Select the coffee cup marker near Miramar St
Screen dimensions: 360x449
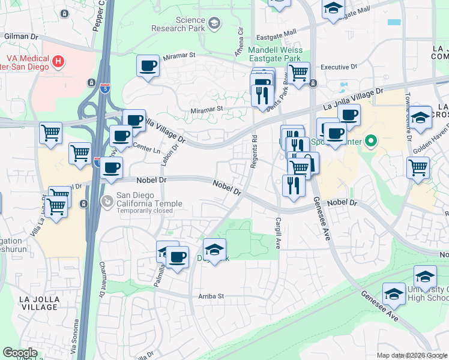[148, 66]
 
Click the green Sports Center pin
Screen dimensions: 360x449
[371, 142]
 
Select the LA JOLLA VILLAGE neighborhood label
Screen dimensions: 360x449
[38, 303]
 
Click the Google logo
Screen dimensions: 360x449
[20, 352]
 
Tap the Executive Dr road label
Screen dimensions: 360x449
[339, 67]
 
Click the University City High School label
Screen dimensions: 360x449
[428, 293]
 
